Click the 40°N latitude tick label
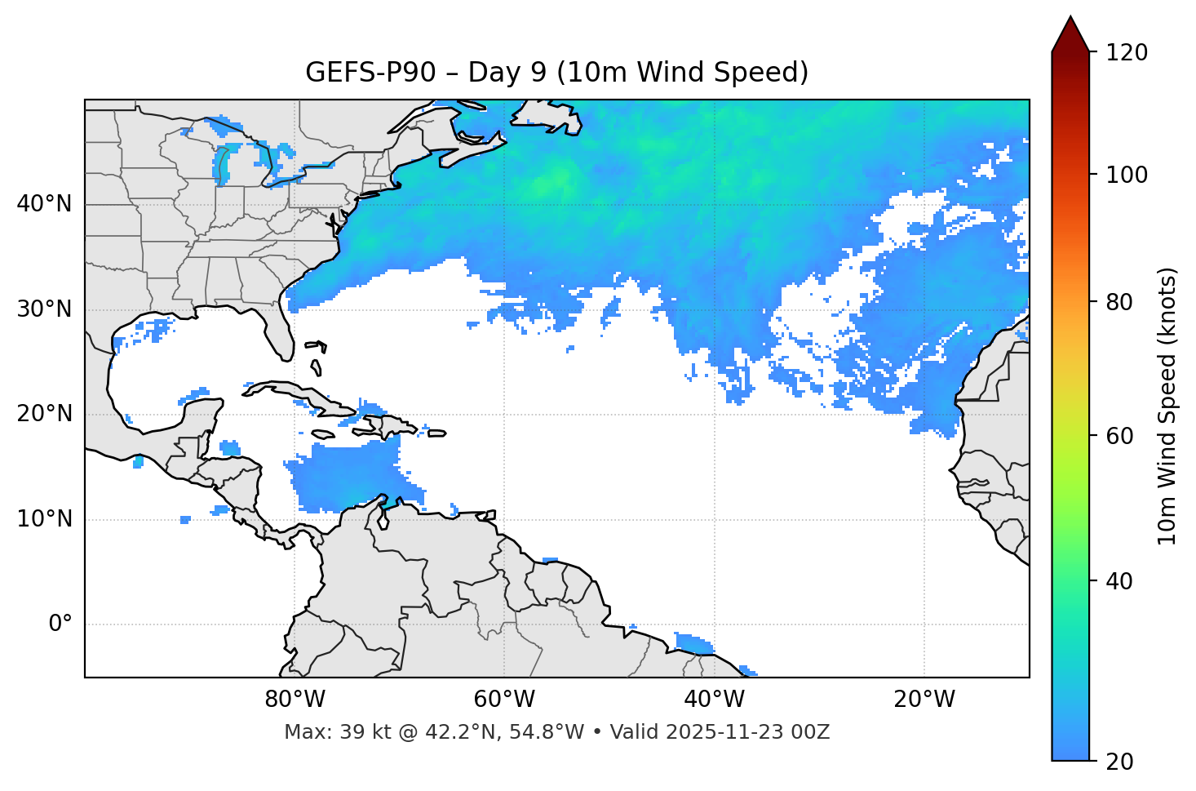[44, 204]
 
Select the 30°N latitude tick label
[44, 309]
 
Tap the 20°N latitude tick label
[44, 414]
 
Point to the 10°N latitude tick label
[44, 519]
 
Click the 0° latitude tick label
[60, 624]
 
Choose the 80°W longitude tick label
[295, 700]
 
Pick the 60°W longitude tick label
[504, 700]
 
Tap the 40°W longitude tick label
[715, 700]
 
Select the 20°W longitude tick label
[924, 700]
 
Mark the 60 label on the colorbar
[1123, 436]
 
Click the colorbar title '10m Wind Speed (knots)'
[1167, 406]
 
